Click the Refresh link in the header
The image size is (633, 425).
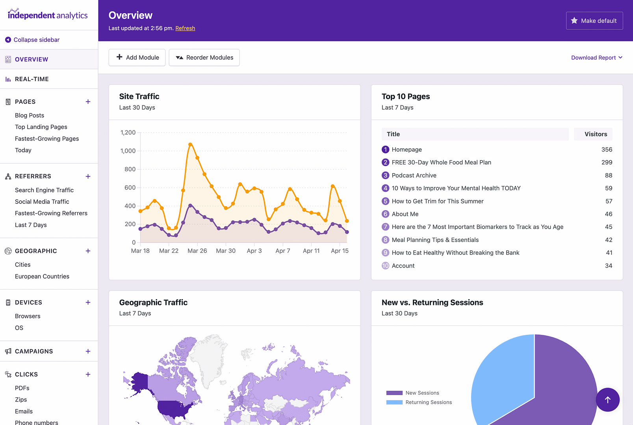tap(185, 28)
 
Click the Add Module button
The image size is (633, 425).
tap(137, 57)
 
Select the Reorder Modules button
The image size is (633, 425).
tap(204, 57)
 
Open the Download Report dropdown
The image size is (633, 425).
tap(596, 57)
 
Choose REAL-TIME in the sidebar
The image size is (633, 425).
tap(32, 79)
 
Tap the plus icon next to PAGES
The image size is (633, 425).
tap(88, 102)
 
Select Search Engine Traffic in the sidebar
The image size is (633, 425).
tap(44, 190)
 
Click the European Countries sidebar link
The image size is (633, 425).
tap(42, 276)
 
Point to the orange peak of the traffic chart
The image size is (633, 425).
tap(190, 144)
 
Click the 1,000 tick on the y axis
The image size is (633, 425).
tap(128, 151)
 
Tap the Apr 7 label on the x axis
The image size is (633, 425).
tap(282, 251)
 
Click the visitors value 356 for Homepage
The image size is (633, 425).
tap(606, 150)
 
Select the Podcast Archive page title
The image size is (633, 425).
tap(414, 176)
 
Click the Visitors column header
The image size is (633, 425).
tap(595, 134)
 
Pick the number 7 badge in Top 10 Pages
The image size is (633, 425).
tap(385, 227)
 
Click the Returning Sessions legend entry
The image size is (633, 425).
tap(428, 402)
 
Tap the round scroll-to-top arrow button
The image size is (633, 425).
tap(607, 400)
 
